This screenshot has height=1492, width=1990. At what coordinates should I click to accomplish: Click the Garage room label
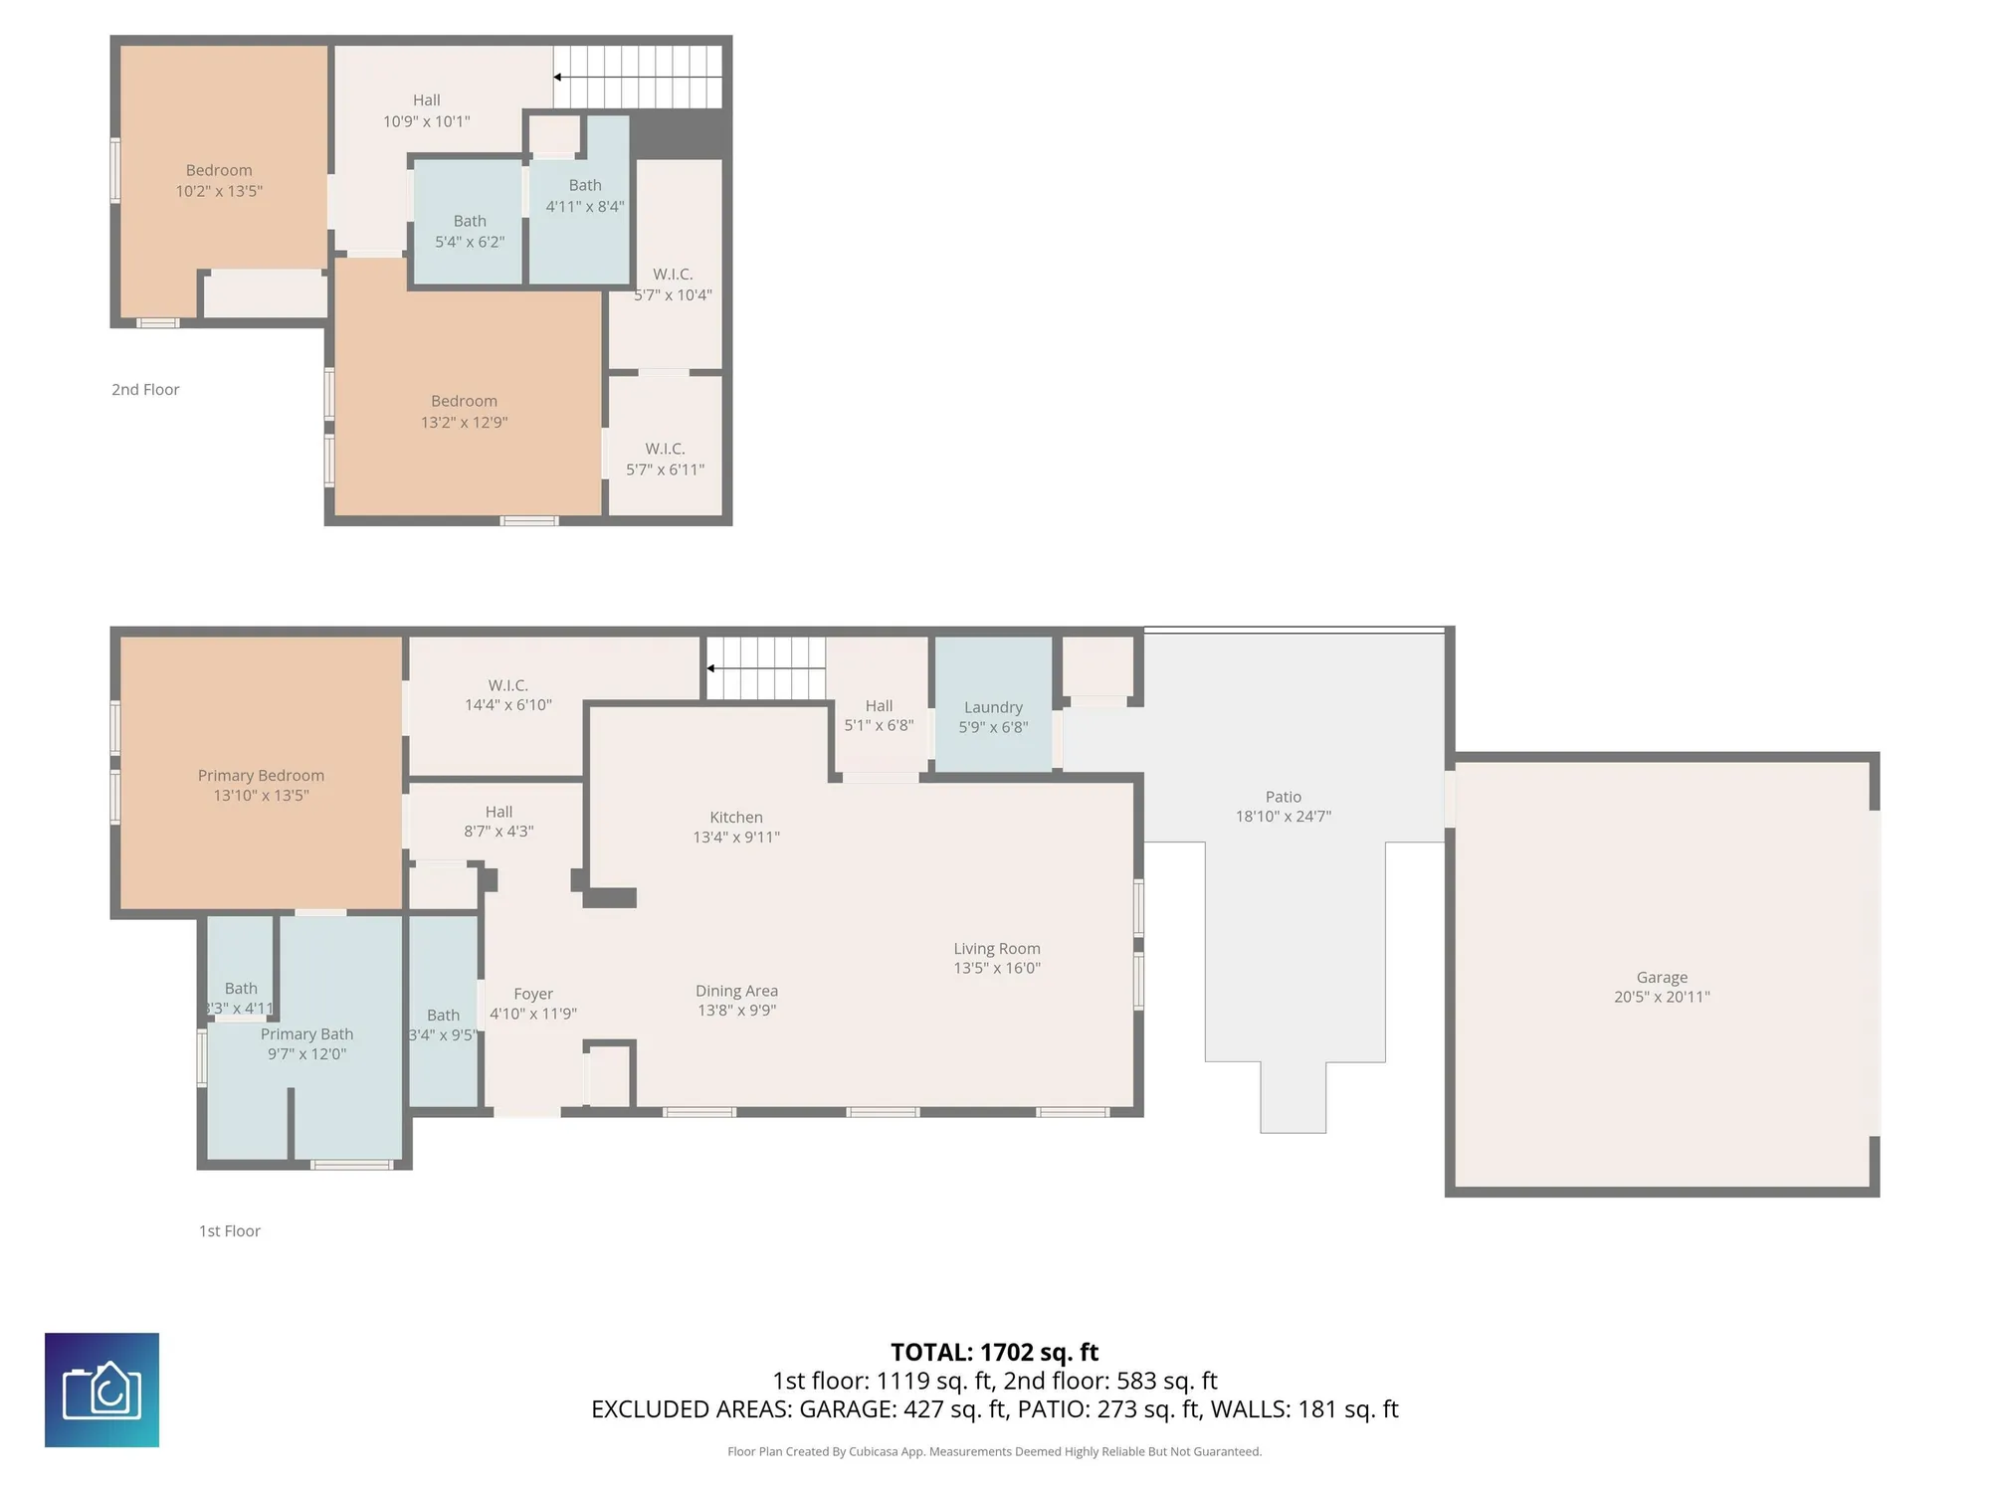coord(1662,978)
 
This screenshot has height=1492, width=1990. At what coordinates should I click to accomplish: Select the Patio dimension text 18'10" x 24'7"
coord(1283,817)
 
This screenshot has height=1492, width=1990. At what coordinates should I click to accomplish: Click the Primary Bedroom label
coord(261,776)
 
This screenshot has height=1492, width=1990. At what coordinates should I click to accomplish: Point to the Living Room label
coord(997,949)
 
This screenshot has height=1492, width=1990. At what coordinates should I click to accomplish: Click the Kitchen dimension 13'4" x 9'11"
coord(736,838)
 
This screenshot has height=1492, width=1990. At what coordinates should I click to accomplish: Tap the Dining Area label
coord(736,991)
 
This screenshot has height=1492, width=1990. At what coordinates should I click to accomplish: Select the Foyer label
coord(533,994)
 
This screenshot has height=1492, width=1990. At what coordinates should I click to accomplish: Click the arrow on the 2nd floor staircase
coord(558,77)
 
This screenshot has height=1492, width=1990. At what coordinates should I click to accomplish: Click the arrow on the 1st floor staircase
coord(711,668)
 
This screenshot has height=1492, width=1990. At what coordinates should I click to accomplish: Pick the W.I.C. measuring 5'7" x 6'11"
coord(665,459)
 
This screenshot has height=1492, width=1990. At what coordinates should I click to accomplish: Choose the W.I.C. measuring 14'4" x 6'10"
coord(507,695)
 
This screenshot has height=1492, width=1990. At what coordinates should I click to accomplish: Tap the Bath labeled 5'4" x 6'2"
coord(470,231)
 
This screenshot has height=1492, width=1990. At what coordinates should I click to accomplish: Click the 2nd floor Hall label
coord(426,100)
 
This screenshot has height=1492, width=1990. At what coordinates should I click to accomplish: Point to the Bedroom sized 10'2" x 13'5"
coord(219,180)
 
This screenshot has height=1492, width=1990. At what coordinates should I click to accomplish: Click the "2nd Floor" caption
coord(145,390)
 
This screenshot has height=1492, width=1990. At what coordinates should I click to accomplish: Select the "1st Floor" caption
coord(230,1231)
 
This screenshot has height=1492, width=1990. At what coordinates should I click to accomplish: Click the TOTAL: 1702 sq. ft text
coord(994,1353)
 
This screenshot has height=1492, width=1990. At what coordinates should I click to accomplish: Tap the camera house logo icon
coord(101,1390)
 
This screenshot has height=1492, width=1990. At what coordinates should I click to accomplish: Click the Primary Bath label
coord(306,1034)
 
